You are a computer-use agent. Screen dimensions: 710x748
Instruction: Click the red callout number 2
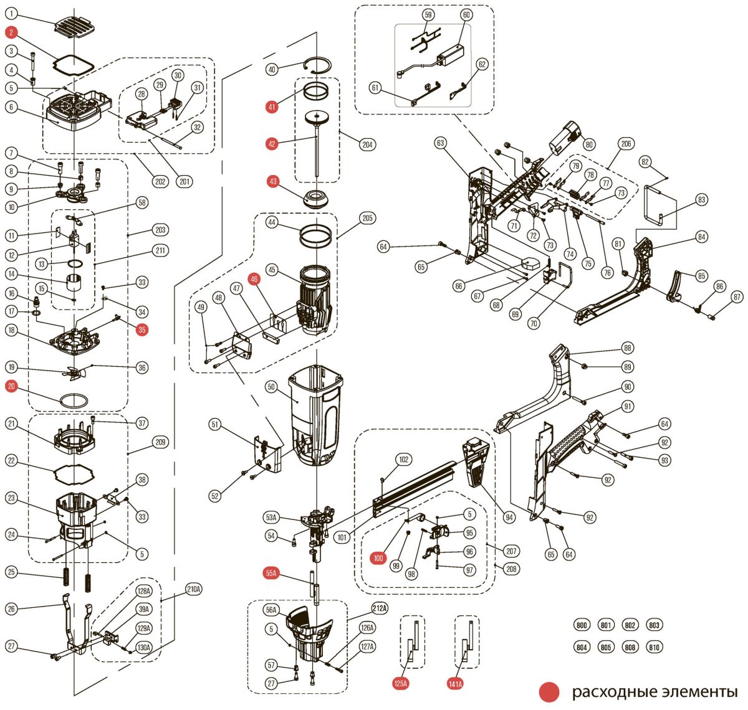pos(12,32)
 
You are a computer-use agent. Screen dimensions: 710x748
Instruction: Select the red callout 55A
pos(271,573)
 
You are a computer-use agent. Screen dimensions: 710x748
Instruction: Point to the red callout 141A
pos(455,684)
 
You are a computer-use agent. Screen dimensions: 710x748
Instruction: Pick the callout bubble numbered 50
pos(271,387)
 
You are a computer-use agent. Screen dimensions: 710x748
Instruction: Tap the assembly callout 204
pos(368,144)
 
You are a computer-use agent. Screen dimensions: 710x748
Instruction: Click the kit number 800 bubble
pos(582,625)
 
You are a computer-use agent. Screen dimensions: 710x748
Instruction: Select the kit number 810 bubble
pos(654,647)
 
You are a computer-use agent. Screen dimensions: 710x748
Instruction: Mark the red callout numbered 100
pos(378,559)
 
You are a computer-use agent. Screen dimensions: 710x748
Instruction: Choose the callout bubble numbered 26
pos(12,608)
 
